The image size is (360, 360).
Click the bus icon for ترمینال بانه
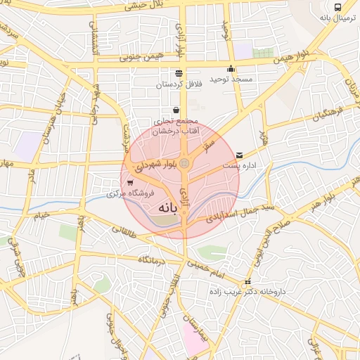pyautogui.click(x=339, y=6)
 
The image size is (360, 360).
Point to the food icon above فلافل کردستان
pyautogui.click(x=179, y=73)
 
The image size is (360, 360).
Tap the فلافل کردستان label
pyautogui.click(x=179, y=84)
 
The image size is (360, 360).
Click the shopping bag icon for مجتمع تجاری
pyautogui.click(x=174, y=110)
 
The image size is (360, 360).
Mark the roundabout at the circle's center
pyautogui.click(x=184, y=164)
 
